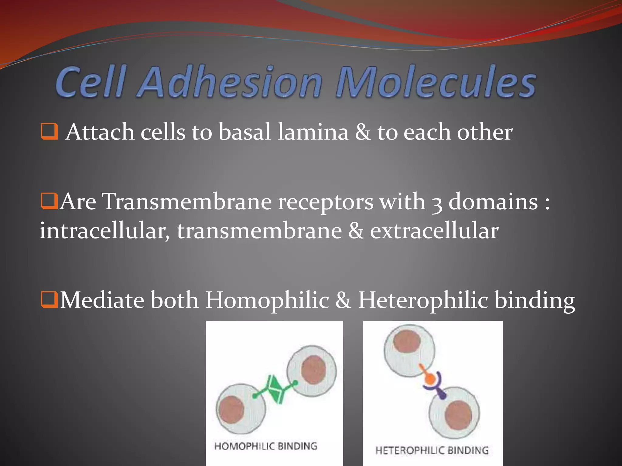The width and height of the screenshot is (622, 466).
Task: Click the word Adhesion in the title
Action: pos(230,82)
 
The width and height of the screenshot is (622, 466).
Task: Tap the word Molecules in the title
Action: pos(436,82)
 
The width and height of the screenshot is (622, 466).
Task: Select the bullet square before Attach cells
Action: pos(49,131)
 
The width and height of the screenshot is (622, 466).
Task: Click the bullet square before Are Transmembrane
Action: pos(49,201)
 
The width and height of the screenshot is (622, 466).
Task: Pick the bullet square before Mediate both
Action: pos(49,300)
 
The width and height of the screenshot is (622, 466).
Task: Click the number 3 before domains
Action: pos(437,203)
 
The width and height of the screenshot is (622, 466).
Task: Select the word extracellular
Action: pos(434,231)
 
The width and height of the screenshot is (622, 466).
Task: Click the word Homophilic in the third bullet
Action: pos(267,300)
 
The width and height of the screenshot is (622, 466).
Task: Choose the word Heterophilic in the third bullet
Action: pos(423,300)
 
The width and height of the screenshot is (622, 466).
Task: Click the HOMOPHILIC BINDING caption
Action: pos(266,446)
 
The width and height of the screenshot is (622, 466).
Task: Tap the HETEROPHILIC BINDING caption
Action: pos(432,450)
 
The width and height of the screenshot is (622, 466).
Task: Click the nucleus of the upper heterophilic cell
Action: pos(407,342)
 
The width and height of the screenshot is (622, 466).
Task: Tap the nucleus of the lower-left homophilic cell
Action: pos(231,410)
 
